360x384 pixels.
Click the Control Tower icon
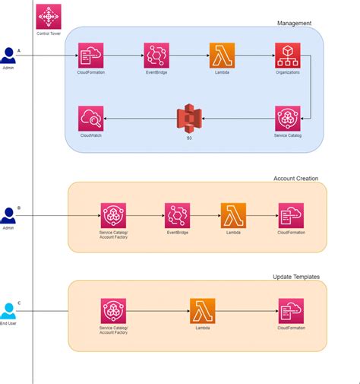click(49, 16)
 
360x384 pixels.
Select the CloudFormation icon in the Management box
click(90, 56)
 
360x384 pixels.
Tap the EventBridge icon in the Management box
click(156, 56)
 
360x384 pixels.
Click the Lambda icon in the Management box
click(222, 56)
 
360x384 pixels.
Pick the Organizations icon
click(287, 56)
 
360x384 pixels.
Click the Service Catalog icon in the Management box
click(287, 119)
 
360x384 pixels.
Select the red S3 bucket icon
click(189, 119)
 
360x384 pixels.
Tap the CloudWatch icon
click(90, 119)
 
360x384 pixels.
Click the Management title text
click(294, 24)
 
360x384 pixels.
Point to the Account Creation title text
click(295, 179)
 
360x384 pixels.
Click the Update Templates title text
click(295, 277)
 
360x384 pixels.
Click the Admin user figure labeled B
click(8, 215)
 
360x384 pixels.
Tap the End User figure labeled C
click(8, 311)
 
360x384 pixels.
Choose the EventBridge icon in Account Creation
click(178, 215)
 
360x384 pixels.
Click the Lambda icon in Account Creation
click(233, 215)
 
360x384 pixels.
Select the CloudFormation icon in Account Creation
click(291, 215)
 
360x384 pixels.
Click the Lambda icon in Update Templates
click(202, 311)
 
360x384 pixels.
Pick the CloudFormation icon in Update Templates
click(291, 311)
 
